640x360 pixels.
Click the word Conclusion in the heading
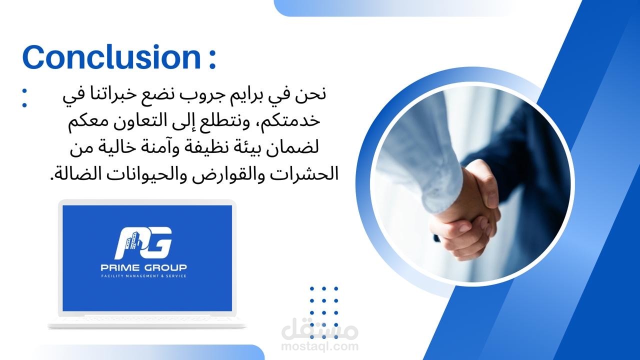(x=111, y=57)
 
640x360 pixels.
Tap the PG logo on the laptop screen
(x=144, y=242)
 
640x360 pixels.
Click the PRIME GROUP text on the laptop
(x=143, y=267)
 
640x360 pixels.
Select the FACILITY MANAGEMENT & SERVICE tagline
(x=143, y=276)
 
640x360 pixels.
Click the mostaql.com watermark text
(x=319, y=346)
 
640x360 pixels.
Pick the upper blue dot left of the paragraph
(x=24, y=91)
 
